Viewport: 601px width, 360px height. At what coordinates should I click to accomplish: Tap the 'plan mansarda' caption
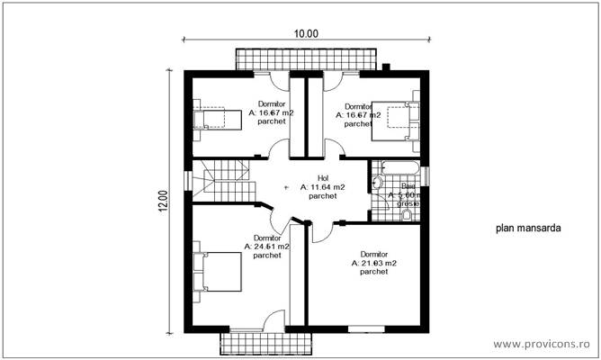[527, 229]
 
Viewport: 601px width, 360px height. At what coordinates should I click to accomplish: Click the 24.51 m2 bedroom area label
[266, 246]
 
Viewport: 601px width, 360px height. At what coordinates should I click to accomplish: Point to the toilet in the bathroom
[378, 184]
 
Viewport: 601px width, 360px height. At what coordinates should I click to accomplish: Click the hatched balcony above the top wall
[303, 58]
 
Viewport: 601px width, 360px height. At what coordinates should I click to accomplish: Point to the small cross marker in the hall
[287, 188]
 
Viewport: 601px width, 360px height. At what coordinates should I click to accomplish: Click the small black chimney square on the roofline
[385, 66]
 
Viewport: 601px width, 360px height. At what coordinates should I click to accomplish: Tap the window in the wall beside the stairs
[187, 180]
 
